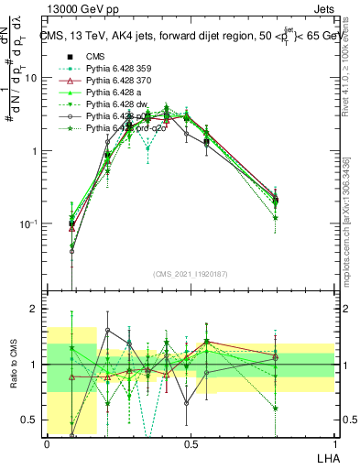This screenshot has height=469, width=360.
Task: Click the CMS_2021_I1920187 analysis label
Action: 191,273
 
